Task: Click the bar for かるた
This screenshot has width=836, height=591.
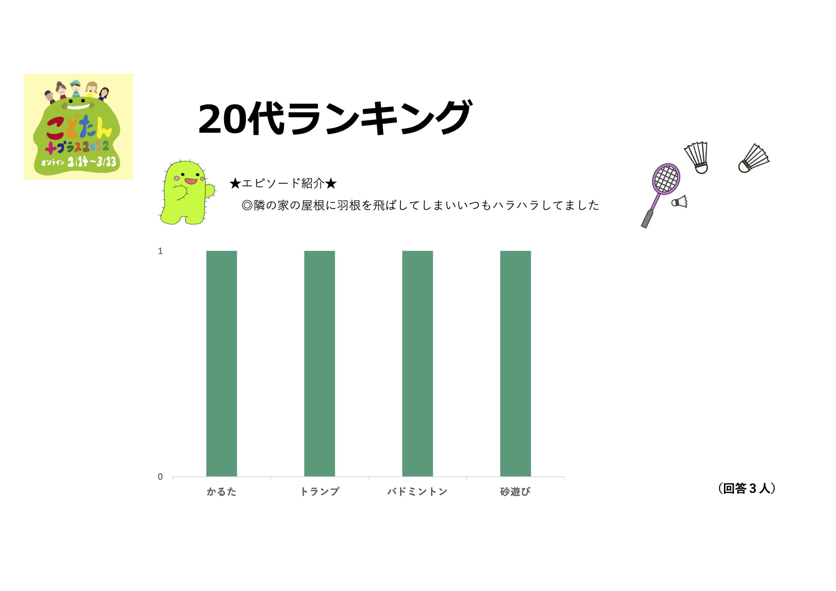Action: click(221, 363)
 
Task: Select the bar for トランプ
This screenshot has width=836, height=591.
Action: click(319, 363)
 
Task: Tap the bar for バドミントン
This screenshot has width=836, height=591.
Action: click(417, 363)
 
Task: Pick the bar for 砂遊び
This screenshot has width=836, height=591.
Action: click(515, 363)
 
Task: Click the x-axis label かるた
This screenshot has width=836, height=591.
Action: click(221, 492)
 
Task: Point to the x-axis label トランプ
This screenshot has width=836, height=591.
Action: click(319, 492)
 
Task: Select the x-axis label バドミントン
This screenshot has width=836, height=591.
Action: click(417, 492)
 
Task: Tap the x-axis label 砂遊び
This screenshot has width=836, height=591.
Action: click(515, 492)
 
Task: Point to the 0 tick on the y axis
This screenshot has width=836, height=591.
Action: click(160, 477)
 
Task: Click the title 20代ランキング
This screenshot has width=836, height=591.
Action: click(335, 118)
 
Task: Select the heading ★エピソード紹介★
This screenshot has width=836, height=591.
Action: click(283, 183)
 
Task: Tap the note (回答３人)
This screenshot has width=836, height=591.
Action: click(747, 488)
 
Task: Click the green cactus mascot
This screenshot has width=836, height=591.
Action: click(187, 192)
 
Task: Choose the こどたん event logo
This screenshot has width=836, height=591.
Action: click(78, 126)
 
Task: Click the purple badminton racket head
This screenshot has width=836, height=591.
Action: click(666, 179)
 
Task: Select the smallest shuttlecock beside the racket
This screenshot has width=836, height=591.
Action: click(680, 201)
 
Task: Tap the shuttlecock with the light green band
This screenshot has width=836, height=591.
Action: click(753, 158)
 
